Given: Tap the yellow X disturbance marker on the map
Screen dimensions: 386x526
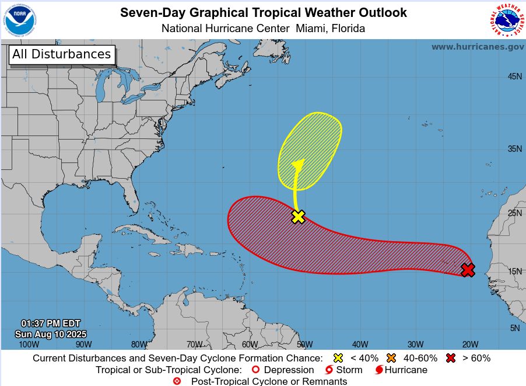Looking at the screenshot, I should [x=298, y=217].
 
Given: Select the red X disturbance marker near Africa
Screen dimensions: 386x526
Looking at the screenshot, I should [x=468, y=270].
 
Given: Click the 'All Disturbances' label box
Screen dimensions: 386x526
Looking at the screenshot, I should [x=62, y=54].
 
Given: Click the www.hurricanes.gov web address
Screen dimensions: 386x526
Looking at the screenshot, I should [x=477, y=47].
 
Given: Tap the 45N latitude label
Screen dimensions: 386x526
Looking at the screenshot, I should [x=514, y=76].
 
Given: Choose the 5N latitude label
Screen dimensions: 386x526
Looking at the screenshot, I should [x=514, y=328].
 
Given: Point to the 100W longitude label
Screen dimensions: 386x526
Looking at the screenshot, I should [x=29, y=344].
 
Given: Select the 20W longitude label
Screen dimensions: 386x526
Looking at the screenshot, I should [x=470, y=344].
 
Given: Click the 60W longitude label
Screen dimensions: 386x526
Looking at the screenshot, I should [x=250, y=344].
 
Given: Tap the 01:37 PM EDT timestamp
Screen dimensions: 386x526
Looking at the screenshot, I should [x=51, y=324].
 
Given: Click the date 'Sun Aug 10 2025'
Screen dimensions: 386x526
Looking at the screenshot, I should [x=51, y=334].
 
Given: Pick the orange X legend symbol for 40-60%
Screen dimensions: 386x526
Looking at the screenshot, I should [x=391, y=358].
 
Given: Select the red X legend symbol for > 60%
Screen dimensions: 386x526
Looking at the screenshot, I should [x=450, y=358].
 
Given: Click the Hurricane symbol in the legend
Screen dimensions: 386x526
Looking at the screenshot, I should [x=379, y=370].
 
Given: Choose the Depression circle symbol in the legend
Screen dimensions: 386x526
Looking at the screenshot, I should [x=254, y=370].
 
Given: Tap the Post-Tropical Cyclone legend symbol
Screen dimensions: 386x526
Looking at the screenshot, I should [x=177, y=381].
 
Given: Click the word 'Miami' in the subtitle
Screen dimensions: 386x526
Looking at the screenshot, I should [x=313, y=28].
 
